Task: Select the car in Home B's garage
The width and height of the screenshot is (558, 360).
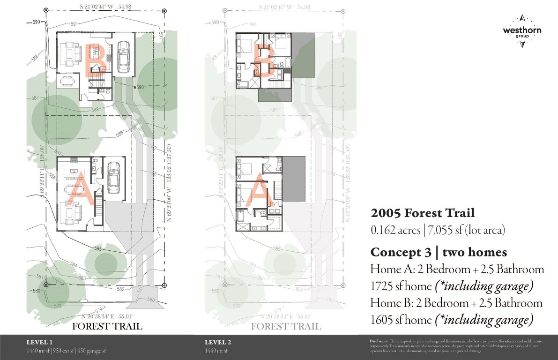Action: point(123,57)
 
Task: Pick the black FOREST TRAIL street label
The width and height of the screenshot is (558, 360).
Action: point(107,326)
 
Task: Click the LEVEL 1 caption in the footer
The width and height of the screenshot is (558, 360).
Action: point(39,342)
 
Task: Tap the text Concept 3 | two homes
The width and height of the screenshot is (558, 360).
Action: point(439,252)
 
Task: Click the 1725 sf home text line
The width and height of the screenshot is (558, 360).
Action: point(452,286)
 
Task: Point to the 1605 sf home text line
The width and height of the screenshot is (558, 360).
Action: point(452,320)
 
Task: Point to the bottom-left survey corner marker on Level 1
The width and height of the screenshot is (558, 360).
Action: point(46,285)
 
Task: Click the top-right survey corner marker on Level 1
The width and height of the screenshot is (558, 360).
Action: point(164,10)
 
